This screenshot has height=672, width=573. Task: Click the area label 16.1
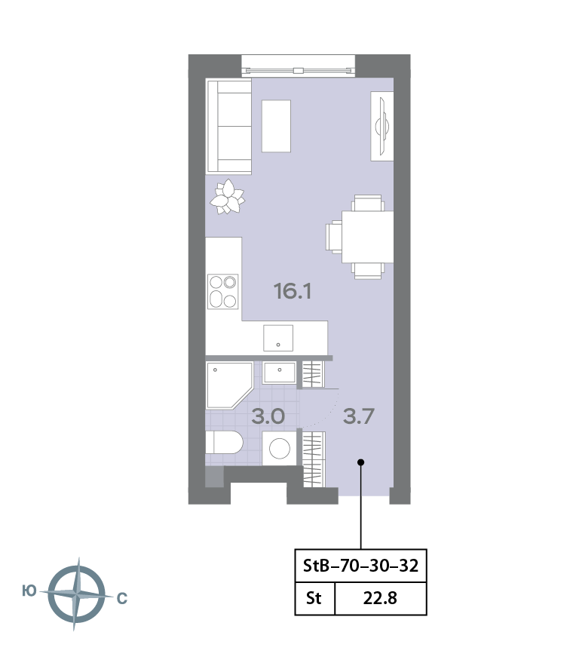[293, 291]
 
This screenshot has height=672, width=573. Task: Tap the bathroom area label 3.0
[268, 416]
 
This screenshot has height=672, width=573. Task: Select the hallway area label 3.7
[359, 416]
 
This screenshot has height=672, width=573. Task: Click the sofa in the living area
[229, 127]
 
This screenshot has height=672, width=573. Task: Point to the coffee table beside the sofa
[277, 126]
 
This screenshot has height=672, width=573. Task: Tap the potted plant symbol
[227, 197]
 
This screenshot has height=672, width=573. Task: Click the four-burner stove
[223, 291]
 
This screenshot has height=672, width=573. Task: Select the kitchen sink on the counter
[278, 338]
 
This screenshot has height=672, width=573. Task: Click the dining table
[367, 237]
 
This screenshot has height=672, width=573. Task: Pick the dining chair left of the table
[334, 237]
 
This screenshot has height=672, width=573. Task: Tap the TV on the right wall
[382, 126]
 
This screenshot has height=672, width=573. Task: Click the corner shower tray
[229, 385]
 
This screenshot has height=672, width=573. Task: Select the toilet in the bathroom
[224, 442]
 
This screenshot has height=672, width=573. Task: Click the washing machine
[280, 448]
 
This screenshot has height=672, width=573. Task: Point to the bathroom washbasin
[279, 373]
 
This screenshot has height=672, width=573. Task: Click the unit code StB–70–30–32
[360, 566]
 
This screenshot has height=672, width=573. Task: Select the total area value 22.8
[380, 598]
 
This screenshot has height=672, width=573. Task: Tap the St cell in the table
[314, 598]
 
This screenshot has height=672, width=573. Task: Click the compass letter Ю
[29, 591]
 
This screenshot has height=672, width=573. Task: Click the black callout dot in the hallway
[361, 462]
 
